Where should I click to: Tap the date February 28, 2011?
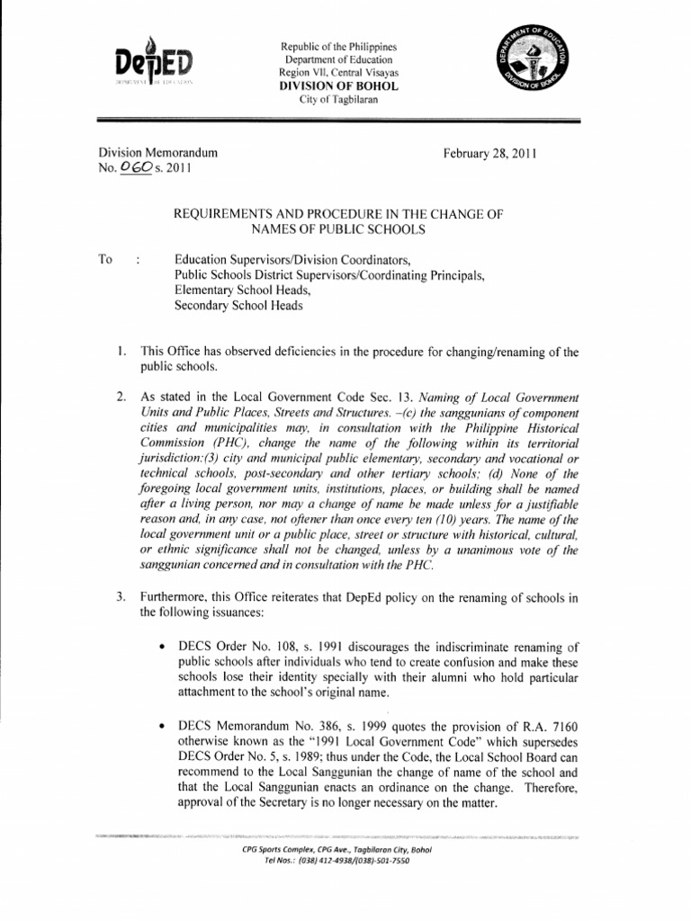pyautogui.click(x=489, y=154)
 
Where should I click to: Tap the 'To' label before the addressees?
pyautogui.click(x=105, y=259)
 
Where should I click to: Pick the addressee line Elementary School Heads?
pyautogui.click(x=243, y=290)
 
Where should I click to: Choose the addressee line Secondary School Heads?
pyautogui.click(x=238, y=305)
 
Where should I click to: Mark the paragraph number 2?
pyautogui.click(x=121, y=397)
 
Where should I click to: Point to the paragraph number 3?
pyautogui.click(x=121, y=598)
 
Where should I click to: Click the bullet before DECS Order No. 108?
pyautogui.click(x=160, y=646)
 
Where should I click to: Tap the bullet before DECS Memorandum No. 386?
pyautogui.click(x=160, y=725)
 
